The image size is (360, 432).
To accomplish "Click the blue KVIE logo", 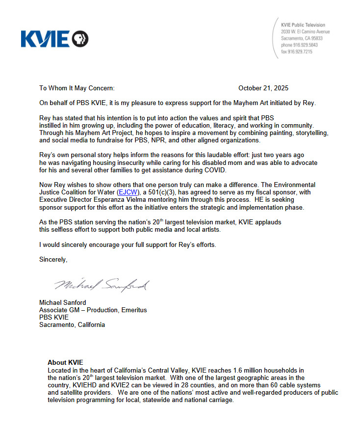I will (x=54, y=39).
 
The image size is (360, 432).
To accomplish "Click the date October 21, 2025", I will (x=263, y=88).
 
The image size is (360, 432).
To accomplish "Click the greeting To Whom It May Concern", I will (x=77, y=88).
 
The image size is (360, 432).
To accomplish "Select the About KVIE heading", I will (x=65, y=363).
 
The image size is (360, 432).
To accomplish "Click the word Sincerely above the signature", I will (x=53, y=260).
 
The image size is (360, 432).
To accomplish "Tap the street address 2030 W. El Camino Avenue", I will (x=305, y=31).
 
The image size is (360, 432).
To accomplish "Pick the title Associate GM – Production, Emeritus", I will (x=93, y=310).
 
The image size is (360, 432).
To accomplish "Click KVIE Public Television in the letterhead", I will (x=303, y=25).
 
